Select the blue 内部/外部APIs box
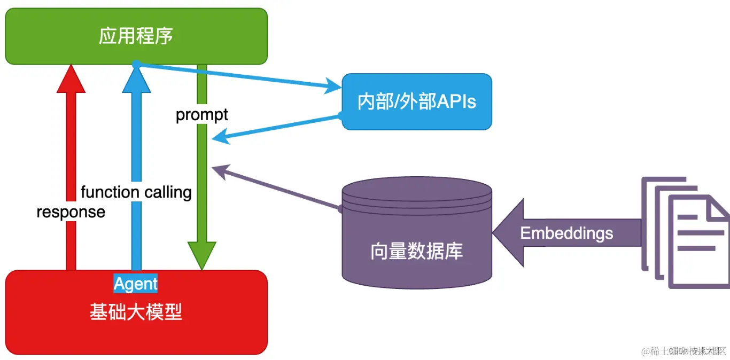416,101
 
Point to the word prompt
201,115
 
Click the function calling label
136,192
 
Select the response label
71,212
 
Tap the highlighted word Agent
136,284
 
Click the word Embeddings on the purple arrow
566,233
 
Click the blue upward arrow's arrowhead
136,80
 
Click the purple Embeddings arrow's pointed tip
500,233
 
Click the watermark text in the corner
685,351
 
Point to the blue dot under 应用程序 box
136,64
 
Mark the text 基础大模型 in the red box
136,312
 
